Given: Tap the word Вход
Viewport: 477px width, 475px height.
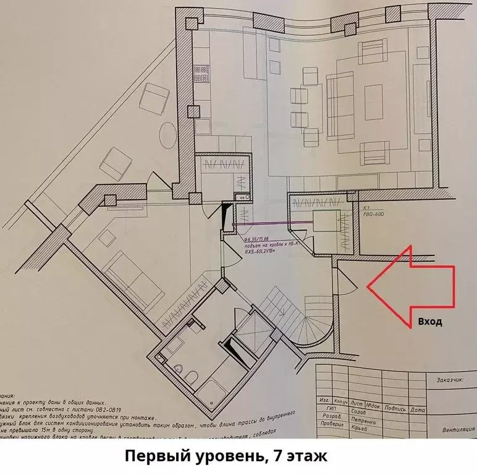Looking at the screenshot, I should [x=430, y=322].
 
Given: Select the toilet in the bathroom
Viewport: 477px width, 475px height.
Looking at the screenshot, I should [x=191, y=376].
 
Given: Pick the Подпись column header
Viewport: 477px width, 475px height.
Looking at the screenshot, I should [x=395, y=409].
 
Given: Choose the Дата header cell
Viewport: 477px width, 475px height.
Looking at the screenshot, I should [x=418, y=409].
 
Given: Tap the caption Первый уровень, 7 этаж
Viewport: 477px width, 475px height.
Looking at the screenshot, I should [x=223, y=457].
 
